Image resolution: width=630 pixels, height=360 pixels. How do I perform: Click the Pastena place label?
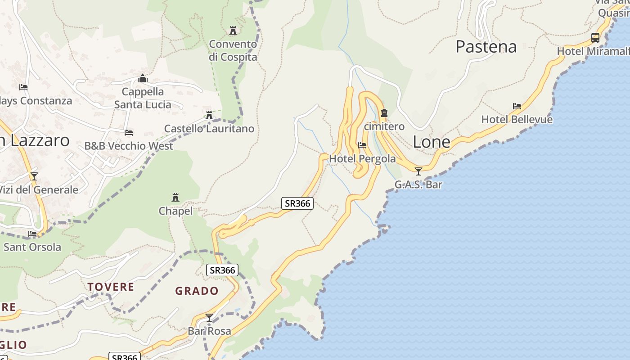click(x=486, y=47)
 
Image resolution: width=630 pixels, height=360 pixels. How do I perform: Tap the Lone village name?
click(x=432, y=142)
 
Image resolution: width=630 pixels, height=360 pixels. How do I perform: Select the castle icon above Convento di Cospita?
click(x=233, y=31)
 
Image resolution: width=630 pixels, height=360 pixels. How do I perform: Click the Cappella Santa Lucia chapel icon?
click(x=143, y=79)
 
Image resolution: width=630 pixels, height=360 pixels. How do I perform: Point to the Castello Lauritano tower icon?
click(x=209, y=115)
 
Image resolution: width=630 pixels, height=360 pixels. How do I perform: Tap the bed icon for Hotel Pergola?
click(x=362, y=145)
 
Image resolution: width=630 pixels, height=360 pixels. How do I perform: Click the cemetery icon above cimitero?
click(x=384, y=113)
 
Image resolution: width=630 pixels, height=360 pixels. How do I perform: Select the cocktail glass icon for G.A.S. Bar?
click(x=418, y=171)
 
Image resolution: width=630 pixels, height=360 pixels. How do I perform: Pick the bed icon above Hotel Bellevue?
click(x=517, y=106)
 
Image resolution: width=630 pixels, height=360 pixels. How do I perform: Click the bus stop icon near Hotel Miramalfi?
click(x=595, y=38)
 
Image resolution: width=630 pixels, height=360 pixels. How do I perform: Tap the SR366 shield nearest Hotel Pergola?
click(x=297, y=203)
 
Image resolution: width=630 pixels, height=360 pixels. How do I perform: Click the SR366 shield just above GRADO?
click(x=222, y=270)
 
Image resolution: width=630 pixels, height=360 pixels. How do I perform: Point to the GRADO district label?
click(x=197, y=291)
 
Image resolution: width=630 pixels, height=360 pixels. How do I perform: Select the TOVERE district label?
click(x=111, y=287)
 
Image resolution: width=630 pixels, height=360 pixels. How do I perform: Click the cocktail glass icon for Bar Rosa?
click(x=209, y=318)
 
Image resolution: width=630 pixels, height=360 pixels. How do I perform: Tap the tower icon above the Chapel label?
click(x=175, y=198)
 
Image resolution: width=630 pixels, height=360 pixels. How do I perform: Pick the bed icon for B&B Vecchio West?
click(x=129, y=133)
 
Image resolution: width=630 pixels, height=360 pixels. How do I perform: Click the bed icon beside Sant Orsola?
click(x=32, y=234)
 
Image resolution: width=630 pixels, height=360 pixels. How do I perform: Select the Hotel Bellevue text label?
click(x=517, y=120)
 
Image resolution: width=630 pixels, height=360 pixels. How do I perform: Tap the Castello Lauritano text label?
click(x=209, y=129)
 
